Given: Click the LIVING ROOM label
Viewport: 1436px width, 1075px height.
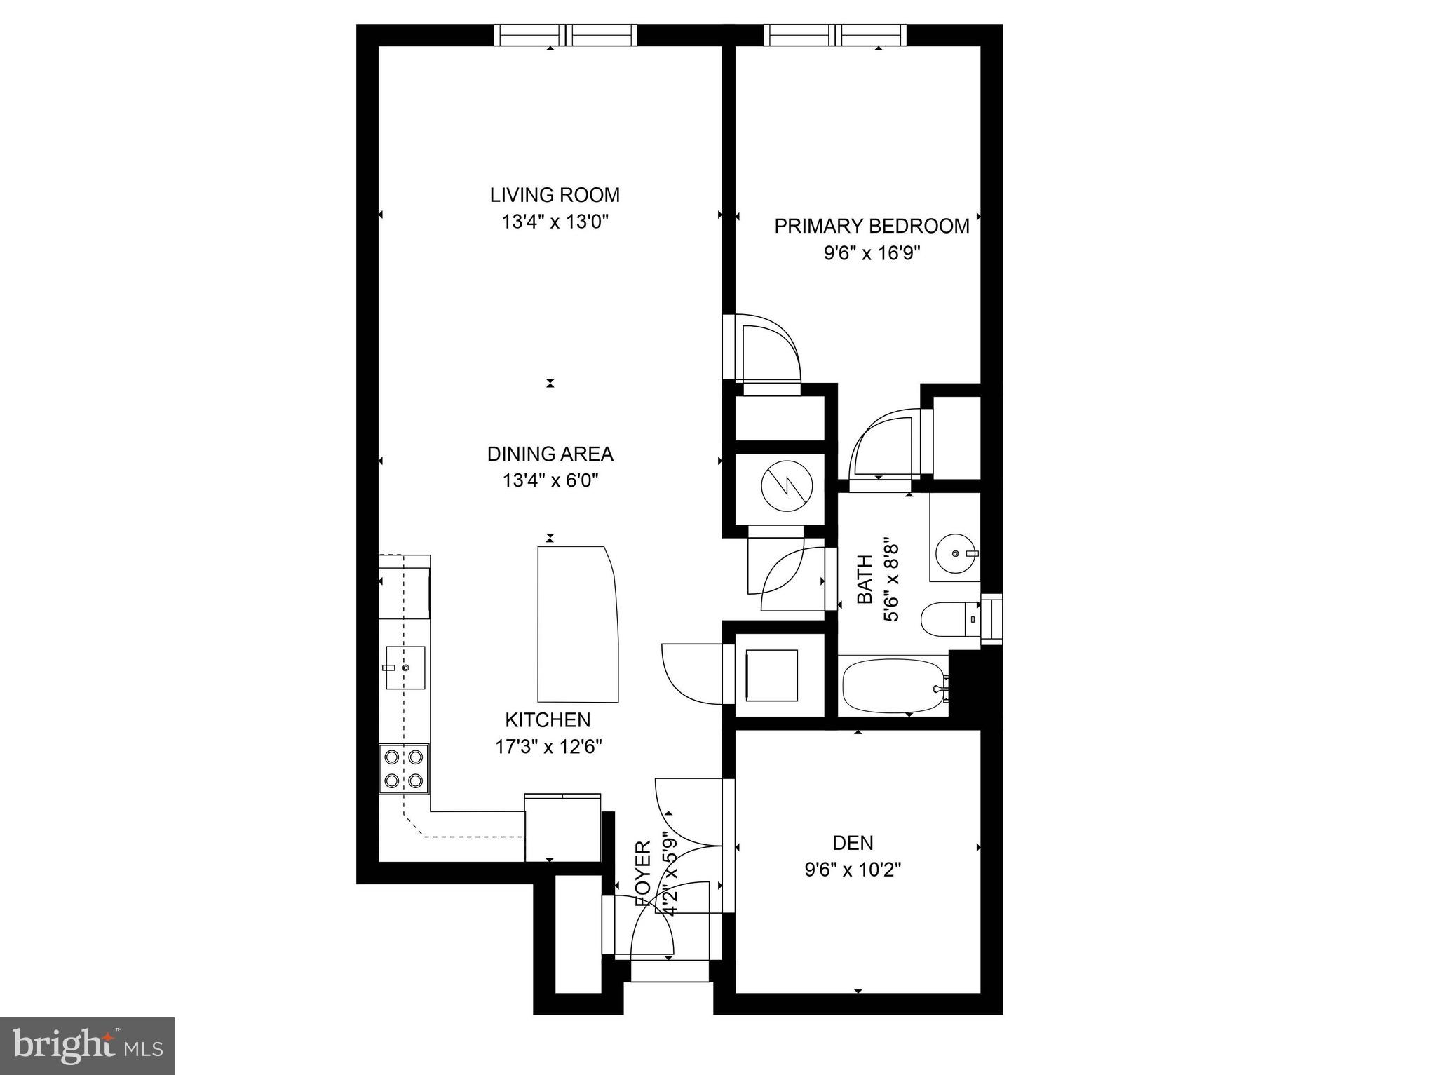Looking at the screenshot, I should click(555, 194).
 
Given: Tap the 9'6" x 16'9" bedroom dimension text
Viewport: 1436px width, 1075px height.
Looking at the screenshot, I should click(872, 253).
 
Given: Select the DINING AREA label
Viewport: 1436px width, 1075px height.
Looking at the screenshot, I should click(550, 454).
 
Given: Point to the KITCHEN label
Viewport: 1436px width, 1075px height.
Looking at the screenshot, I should click(548, 719).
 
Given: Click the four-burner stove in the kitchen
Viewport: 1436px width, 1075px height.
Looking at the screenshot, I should click(404, 769).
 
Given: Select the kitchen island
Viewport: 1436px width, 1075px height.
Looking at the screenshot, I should click(577, 624).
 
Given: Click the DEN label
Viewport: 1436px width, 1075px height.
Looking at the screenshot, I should click(853, 842).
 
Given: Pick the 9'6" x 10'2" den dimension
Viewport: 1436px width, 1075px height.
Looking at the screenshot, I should click(853, 870).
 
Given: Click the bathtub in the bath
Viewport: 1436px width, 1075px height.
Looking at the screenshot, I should click(893, 684).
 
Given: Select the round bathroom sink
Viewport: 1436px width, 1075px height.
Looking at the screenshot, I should click(957, 554).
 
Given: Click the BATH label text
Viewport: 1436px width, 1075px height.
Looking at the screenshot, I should click(865, 579).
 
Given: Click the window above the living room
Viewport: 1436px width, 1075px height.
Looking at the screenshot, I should click(565, 34).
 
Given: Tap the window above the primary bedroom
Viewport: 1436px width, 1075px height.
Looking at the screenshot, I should click(834, 34).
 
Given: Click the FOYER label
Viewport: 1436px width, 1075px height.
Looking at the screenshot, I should click(643, 873).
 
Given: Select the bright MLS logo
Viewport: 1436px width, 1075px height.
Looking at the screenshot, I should click(87, 1046).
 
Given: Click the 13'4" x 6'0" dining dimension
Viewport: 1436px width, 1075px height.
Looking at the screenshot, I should click(550, 481).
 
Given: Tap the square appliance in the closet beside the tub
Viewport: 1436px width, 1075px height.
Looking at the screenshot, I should click(771, 675).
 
